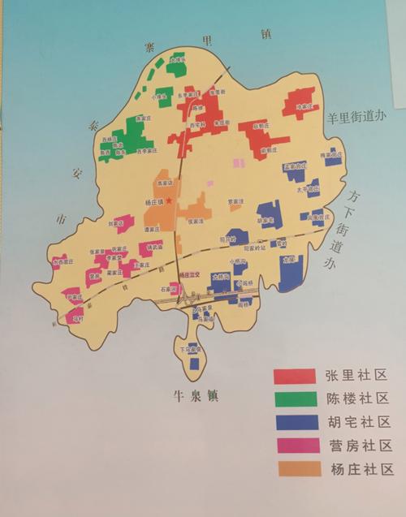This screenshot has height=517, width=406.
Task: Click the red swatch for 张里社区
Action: click(x=293, y=375)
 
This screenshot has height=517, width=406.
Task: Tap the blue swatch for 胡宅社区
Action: click(x=293, y=422)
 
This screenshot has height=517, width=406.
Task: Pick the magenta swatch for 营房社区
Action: click(x=293, y=446)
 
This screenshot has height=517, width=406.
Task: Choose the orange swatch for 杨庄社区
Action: click(x=293, y=469)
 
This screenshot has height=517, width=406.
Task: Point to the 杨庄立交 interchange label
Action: click(x=189, y=276)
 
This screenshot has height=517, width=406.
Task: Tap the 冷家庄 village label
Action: click(x=304, y=106)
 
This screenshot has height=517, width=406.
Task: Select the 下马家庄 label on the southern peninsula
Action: click(x=188, y=350)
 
